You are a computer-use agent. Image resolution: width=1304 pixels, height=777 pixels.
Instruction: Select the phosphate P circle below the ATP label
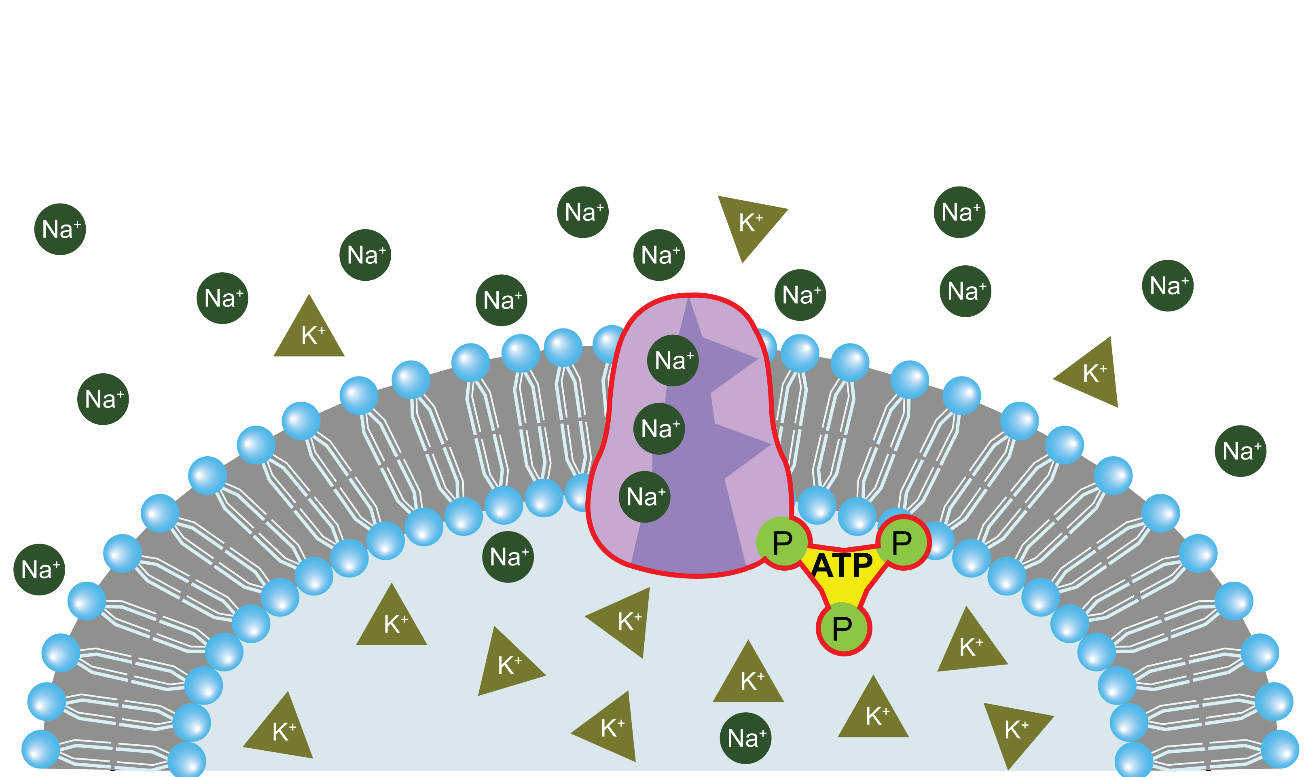coord(843,628)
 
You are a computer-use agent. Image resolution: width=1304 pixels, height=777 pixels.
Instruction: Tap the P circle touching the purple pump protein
coord(783,543)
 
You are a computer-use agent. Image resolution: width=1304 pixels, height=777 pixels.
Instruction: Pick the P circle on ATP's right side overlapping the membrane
coord(903,542)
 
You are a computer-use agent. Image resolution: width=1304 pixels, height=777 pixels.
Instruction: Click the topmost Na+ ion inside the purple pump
coord(673,361)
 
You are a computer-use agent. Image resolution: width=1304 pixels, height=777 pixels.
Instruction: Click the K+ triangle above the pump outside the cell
coord(749,222)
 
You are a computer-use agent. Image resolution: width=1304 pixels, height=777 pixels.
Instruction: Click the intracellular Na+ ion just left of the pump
coord(508,557)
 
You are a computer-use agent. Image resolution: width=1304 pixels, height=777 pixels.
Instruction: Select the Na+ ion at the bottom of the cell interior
coord(745,738)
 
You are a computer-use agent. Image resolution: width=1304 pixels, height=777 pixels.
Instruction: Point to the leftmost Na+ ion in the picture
coord(39,570)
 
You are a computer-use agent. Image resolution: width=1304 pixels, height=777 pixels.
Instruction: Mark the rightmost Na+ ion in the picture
coord(1240,451)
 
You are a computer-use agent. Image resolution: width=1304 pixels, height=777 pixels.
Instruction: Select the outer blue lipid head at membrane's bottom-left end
coord(40,749)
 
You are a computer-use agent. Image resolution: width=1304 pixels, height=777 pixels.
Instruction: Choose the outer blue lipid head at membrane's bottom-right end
coord(1280,749)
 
